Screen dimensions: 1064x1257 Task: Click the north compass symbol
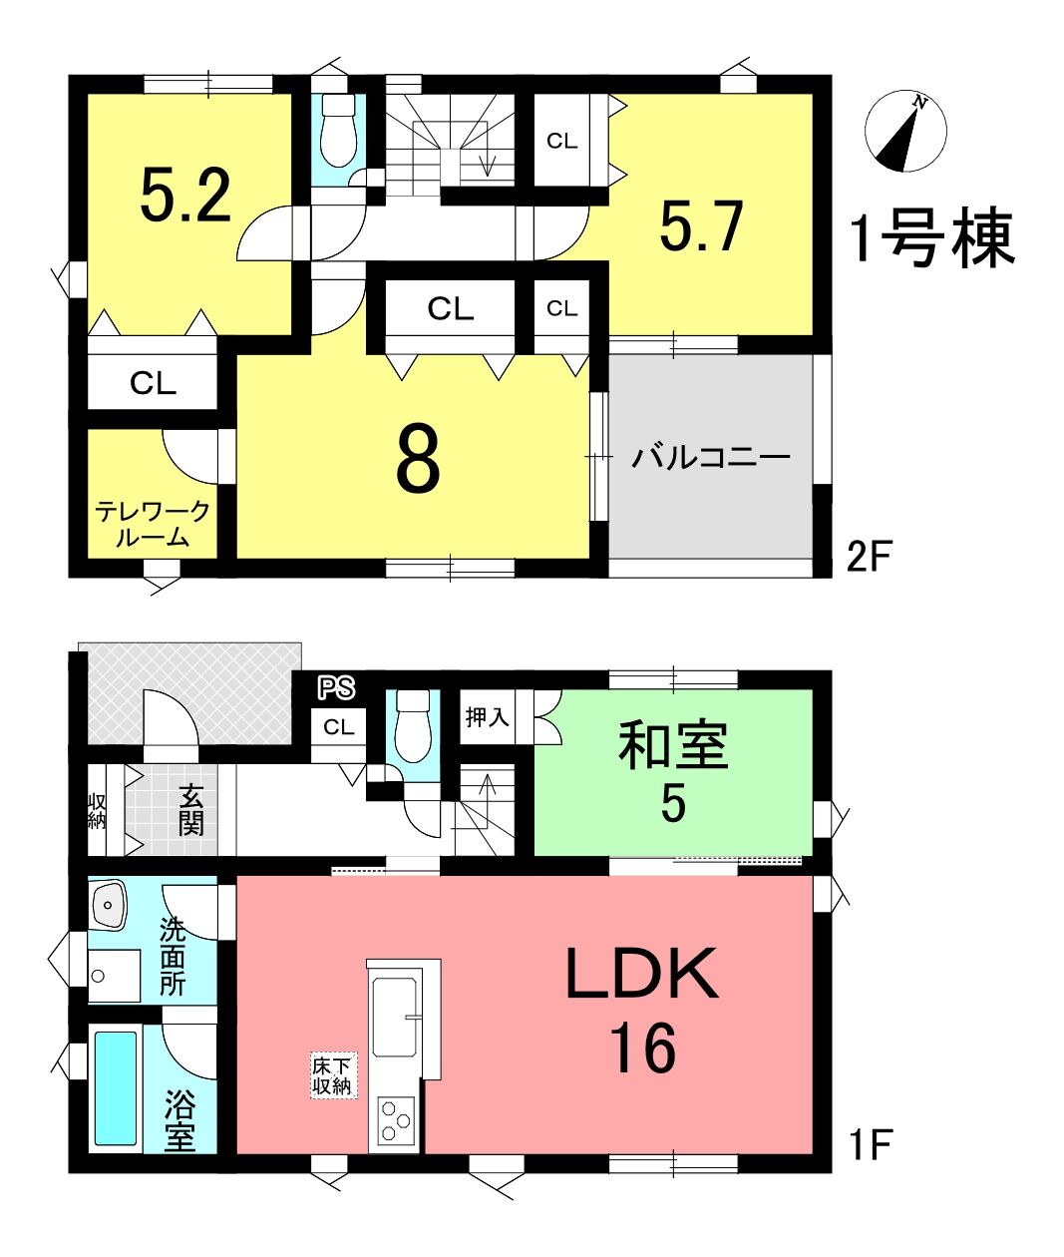coord(905,132)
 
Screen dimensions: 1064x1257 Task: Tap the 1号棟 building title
coord(932,237)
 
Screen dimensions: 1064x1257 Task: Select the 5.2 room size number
coord(185,196)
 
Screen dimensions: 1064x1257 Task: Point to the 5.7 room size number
coord(701,226)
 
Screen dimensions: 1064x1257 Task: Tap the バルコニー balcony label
coord(710,457)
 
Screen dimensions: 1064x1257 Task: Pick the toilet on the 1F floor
coord(413,726)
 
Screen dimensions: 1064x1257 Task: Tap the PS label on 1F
coord(337,687)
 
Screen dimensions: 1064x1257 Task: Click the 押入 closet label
coord(487,717)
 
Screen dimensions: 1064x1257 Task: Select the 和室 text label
coord(673,745)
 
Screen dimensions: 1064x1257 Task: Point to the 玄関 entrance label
coord(190,810)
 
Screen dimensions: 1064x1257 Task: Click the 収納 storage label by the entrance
coord(97,811)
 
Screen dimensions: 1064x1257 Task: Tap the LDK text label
coord(642,973)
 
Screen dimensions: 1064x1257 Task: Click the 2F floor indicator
coord(869,557)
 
